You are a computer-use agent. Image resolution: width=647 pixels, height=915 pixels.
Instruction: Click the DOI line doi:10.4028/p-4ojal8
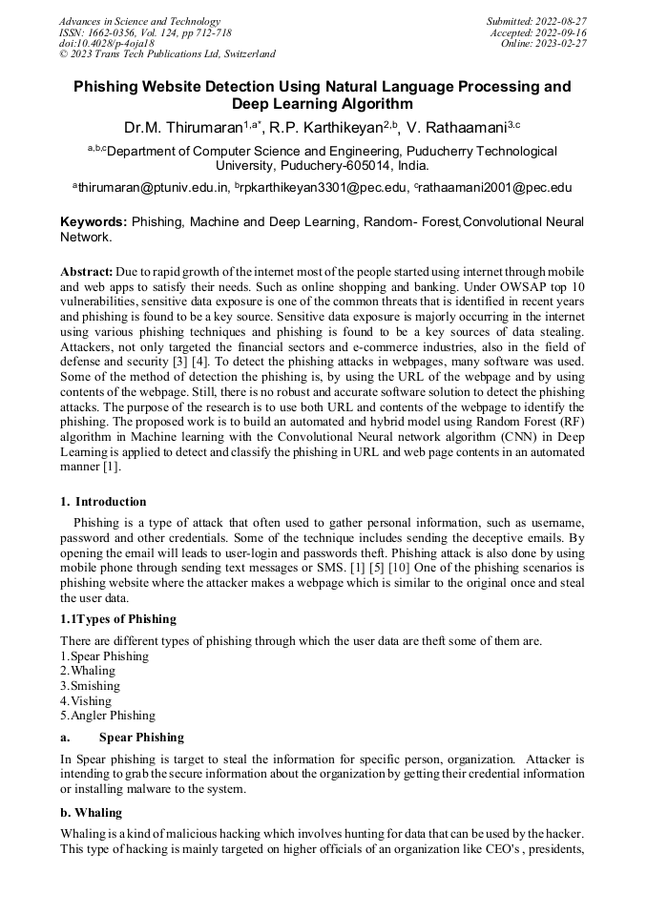tap(107, 44)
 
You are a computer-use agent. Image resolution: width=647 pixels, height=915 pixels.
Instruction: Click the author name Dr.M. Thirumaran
tap(182, 128)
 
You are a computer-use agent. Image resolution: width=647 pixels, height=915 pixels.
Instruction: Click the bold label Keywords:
tap(94, 222)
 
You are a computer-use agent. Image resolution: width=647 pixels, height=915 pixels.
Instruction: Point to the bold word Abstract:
tap(87, 273)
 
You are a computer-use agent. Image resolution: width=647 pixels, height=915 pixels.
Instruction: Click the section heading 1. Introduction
tap(103, 502)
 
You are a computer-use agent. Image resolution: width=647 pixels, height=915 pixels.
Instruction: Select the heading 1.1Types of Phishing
tap(118, 619)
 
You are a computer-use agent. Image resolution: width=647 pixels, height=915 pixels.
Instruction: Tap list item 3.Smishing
tap(90, 686)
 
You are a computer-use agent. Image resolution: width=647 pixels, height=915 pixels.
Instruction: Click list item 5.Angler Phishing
tap(107, 716)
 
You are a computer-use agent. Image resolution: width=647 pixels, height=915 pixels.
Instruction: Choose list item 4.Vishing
tap(86, 701)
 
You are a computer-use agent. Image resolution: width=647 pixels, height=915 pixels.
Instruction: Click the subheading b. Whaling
tap(91, 813)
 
